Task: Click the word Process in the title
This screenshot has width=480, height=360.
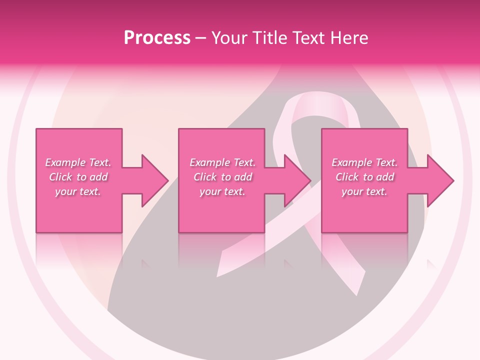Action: pos(157,38)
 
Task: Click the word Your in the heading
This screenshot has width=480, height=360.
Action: pos(230,38)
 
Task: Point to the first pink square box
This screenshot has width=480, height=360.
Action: pos(79,145)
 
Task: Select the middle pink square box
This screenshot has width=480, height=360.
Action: pos(221,145)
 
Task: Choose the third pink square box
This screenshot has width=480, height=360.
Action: pos(364,145)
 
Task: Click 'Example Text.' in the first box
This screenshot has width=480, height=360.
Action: pos(78,162)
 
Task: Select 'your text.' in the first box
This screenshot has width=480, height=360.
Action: pos(78,191)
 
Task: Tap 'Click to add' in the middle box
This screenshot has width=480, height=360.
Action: pos(222,177)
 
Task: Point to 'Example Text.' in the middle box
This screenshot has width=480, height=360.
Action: pos(222,162)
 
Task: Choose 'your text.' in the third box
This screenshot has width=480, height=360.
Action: pos(364,191)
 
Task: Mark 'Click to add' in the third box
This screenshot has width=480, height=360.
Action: pos(364,177)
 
